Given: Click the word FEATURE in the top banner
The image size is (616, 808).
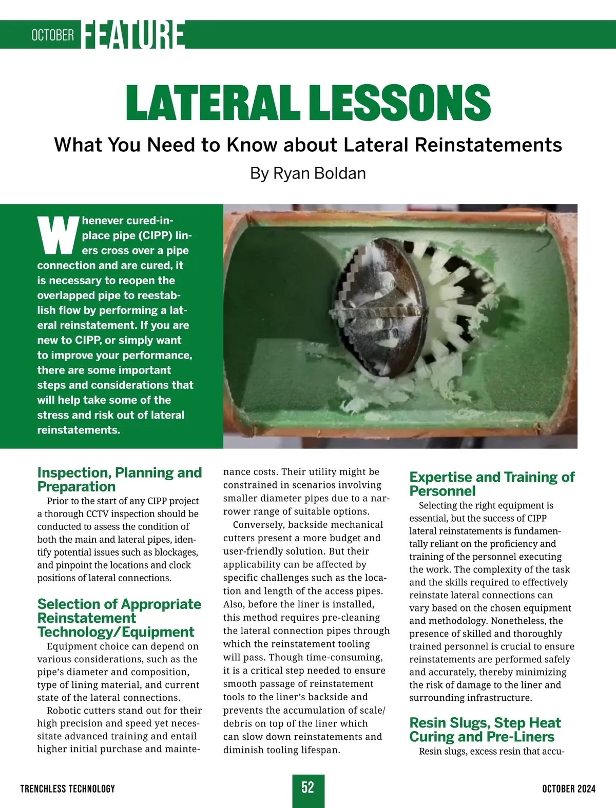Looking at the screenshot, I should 133,35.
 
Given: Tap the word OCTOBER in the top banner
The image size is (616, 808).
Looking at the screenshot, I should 52,35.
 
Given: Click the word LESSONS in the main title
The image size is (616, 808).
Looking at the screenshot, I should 400,102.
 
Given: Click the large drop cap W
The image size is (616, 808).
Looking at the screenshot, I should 58,235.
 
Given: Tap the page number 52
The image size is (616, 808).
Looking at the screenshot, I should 307,787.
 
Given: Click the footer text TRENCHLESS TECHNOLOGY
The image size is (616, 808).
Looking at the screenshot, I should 67,789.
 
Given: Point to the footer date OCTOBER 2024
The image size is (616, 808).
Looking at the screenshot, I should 569,789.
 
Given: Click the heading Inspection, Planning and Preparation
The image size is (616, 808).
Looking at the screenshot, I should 119,479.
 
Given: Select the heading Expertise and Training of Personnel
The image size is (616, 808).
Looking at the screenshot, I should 491,484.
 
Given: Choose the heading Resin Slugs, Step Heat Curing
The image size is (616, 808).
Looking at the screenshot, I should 485,730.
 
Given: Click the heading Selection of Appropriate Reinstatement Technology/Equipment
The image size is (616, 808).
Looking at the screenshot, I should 119,618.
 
